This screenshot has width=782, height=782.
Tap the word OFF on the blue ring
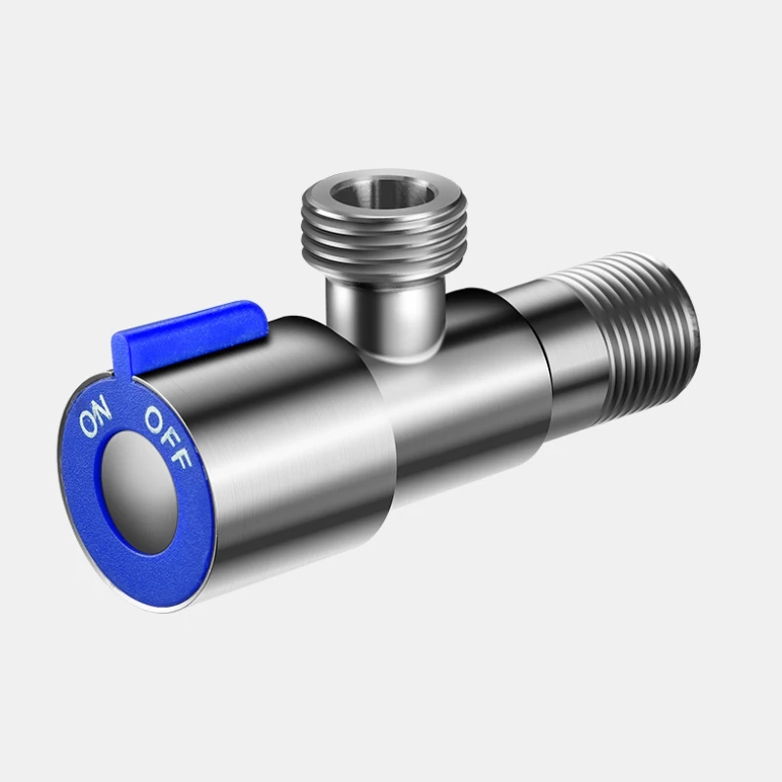[167, 437]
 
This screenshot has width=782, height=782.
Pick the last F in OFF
[182, 457]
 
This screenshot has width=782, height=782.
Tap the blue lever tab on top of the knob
[190, 335]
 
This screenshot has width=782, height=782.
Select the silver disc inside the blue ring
[139, 492]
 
